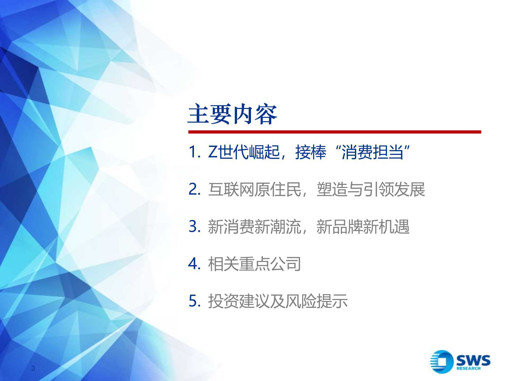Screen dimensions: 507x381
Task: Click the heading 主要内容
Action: (x=232, y=115)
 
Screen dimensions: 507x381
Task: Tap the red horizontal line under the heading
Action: (x=335, y=132)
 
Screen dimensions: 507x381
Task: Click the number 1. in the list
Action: (x=195, y=152)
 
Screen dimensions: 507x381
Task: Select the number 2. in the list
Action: (x=195, y=189)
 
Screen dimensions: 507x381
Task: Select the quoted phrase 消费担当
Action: (x=372, y=152)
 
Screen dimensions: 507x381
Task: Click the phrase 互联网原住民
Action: (x=254, y=189)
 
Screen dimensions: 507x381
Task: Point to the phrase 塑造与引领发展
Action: (x=371, y=189)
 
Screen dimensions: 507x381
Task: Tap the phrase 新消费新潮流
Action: (x=254, y=227)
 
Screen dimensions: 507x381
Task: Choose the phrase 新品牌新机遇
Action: (x=363, y=227)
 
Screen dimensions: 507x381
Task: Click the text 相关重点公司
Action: (x=254, y=264)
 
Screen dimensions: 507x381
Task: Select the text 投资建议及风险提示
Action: (x=278, y=301)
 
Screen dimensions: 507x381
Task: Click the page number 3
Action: (x=33, y=368)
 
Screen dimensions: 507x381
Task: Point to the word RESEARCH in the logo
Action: (x=468, y=369)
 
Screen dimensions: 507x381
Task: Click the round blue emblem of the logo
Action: (x=442, y=362)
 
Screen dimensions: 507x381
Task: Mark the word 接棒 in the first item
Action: (x=311, y=152)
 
